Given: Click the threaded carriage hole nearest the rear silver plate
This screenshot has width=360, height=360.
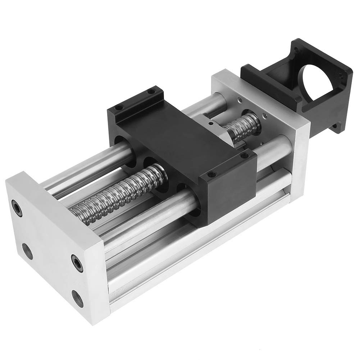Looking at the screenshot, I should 246,156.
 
